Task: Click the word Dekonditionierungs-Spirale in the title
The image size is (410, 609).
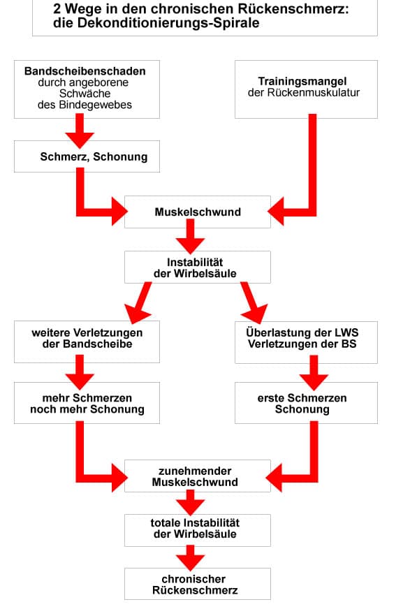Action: (x=168, y=23)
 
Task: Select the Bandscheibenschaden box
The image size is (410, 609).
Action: (x=87, y=89)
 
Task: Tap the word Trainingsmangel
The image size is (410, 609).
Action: (x=302, y=81)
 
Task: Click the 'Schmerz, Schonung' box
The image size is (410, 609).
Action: (x=87, y=156)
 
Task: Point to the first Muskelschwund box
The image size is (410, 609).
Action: (x=198, y=212)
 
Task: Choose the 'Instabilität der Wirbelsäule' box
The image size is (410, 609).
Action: (x=198, y=267)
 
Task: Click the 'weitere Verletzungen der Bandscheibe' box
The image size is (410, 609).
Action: (x=87, y=342)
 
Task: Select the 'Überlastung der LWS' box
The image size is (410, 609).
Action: (x=307, y=342)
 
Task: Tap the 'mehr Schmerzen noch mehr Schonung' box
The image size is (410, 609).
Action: (x=87, y=403)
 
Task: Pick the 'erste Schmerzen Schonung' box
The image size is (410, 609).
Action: (x=307, y=403)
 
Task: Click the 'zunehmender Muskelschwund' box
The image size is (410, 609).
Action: (x=198, y=476)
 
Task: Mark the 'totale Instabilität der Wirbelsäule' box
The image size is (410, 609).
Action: (x=198, y=531)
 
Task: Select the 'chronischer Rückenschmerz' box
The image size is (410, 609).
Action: (x=198, y=584)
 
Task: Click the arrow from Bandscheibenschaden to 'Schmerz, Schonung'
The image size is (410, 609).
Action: (x=80, y=131)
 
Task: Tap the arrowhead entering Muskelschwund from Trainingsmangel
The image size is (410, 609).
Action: (x=276, y=212)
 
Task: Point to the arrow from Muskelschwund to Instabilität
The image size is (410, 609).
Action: (x=190, y=237)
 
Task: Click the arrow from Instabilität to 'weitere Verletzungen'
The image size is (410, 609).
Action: (x=139, y=302)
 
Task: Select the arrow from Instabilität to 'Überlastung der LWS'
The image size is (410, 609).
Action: (x=253, y=302)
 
